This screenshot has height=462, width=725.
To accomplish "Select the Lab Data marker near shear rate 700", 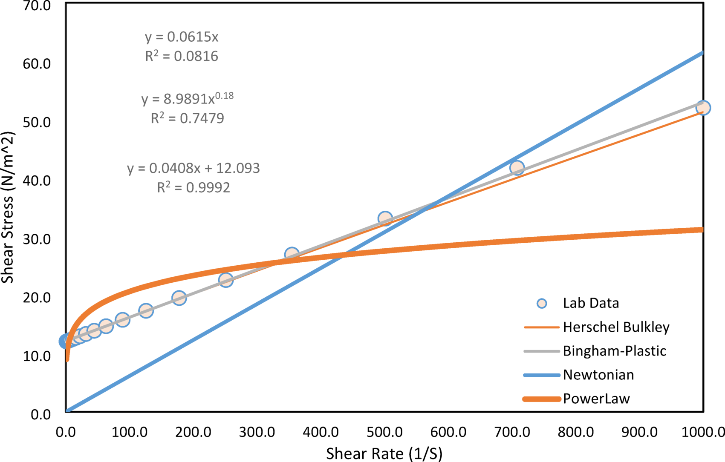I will click(x=517, y=168).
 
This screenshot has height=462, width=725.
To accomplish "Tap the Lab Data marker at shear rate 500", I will click(x=385, y=218).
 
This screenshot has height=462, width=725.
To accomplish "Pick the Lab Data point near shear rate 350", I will click(x=292, y=255).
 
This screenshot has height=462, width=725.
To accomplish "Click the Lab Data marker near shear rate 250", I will click(x=225, y=280).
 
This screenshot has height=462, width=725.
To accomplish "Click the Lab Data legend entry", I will click(x=590, y=303).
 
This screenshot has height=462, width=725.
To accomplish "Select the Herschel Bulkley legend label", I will click(x=616, y=327).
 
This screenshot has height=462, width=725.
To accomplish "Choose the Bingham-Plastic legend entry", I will click(x=614, y=351).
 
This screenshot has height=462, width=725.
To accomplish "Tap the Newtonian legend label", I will click(x=598, y=375).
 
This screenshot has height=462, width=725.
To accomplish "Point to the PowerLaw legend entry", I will click(x=596, y=399).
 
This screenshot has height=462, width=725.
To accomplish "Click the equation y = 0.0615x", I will click(x=182, y=37).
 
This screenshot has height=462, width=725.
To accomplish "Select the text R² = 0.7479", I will click(x=187, y=118).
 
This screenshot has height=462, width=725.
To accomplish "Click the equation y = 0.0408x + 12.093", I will click(x=194, y=168).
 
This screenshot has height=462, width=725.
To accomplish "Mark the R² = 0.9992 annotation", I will click(x=194, y=187).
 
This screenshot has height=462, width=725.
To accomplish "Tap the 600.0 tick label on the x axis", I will click(x=448, y=433).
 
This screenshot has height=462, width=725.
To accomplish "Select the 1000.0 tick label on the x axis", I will click(x=703, y=433).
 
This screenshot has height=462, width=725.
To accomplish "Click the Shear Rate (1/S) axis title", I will click(x=384, y=453).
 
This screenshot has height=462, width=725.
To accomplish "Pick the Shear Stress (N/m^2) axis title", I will click(x=8, y=207).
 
